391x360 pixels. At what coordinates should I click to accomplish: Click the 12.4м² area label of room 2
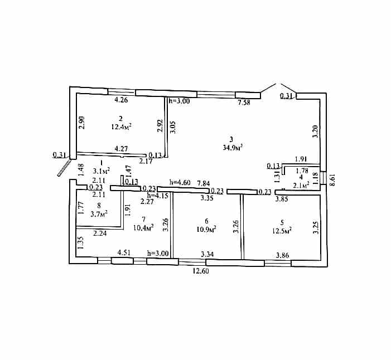(x=121, y=127)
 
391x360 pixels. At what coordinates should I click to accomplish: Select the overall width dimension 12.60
(x=201, y=271)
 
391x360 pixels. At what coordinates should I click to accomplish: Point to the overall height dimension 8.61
(x=332, y=180)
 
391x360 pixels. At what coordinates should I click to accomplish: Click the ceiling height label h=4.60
(x=180, y=183)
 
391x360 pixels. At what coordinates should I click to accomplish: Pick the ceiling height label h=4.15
(x=158, y=195)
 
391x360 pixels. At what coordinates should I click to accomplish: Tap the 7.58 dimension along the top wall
(x=244, y=103)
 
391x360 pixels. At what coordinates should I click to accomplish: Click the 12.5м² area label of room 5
(x=282, y=231)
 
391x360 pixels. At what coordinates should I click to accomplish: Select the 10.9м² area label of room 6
(x=206, y=229)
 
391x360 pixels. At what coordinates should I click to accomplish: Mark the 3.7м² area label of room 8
(x=99, y=214)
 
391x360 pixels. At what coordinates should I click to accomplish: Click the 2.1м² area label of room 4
(x=301, y=185)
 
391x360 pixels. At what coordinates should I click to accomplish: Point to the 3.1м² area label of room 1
(x=102, y=171)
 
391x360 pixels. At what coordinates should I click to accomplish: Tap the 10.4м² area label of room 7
(x=143, y=228)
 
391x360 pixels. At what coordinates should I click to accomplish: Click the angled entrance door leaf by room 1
(x=64, y=168)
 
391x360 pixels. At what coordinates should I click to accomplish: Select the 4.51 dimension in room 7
(x=124, y=252)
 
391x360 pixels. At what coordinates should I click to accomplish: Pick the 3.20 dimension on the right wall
(x=316, y=132)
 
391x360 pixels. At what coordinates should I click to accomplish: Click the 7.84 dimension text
(x=203, y=183)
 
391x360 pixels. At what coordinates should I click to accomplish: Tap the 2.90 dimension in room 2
(x=82, y=123)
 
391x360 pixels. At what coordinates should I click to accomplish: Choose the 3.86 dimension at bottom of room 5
(x=282, y=255)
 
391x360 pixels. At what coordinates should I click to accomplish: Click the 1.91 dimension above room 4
(x=301, y=159)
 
